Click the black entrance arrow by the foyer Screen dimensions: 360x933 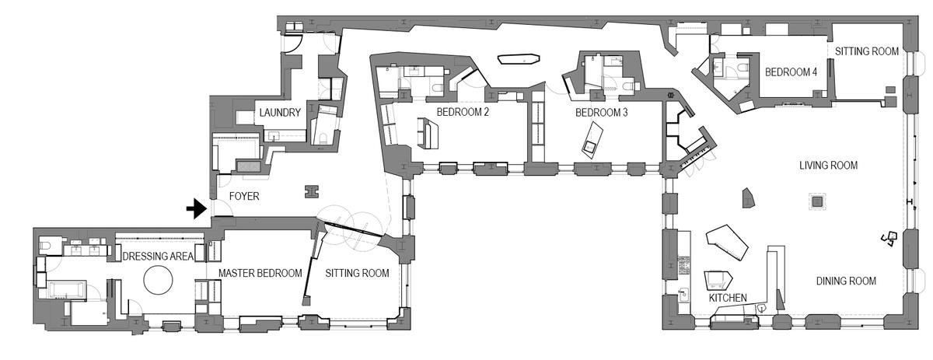click(x=196, y=208)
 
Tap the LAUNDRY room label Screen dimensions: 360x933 click(x=280, y=113)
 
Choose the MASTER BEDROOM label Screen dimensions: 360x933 click(x=259, y=274)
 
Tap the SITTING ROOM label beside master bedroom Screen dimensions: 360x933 click(x=357, y=274)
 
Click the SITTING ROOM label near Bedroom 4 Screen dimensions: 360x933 click(x=867, y=51)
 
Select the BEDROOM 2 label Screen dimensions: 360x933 click(x=462, y=112)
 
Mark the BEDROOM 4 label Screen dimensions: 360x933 click(x=791, y=72)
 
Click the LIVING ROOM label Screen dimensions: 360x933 click(x=828, y=166)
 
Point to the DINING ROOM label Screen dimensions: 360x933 click(x=846, y=281)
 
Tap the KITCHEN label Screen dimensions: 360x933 click(x=728, y=298)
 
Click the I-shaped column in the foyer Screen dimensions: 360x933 click(x=313, y=190)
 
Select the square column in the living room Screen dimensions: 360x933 click(x=817, y=202)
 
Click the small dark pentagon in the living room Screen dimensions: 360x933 click(x=749, y=198)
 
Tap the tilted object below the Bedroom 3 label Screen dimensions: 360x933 click(x=592, y=142)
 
